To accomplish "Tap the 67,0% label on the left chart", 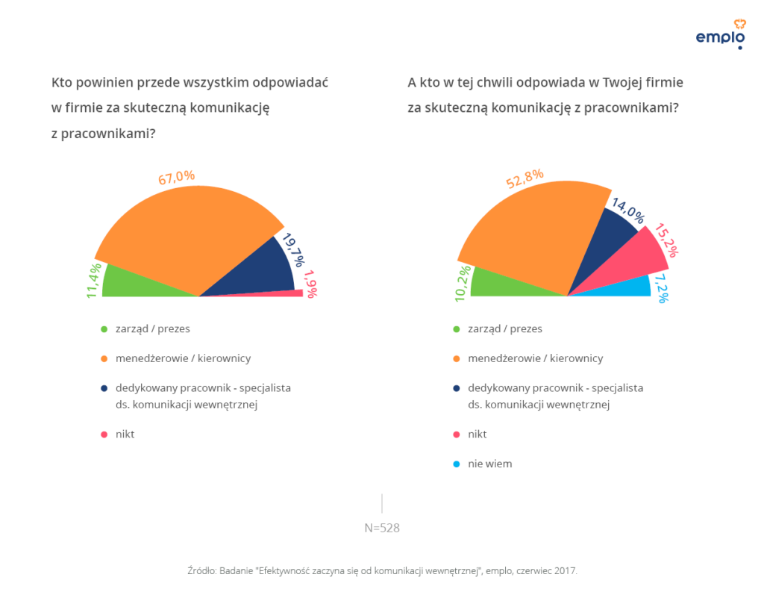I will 176,177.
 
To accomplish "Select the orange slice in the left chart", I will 187,231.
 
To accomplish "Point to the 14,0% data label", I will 627,211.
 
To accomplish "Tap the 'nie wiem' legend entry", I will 489,464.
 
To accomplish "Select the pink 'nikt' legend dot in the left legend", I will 104,434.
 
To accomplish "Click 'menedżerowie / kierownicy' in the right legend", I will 535,358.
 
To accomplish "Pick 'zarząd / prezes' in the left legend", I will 147,328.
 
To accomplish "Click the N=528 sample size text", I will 382,528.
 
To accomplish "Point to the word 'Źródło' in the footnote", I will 201,570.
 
